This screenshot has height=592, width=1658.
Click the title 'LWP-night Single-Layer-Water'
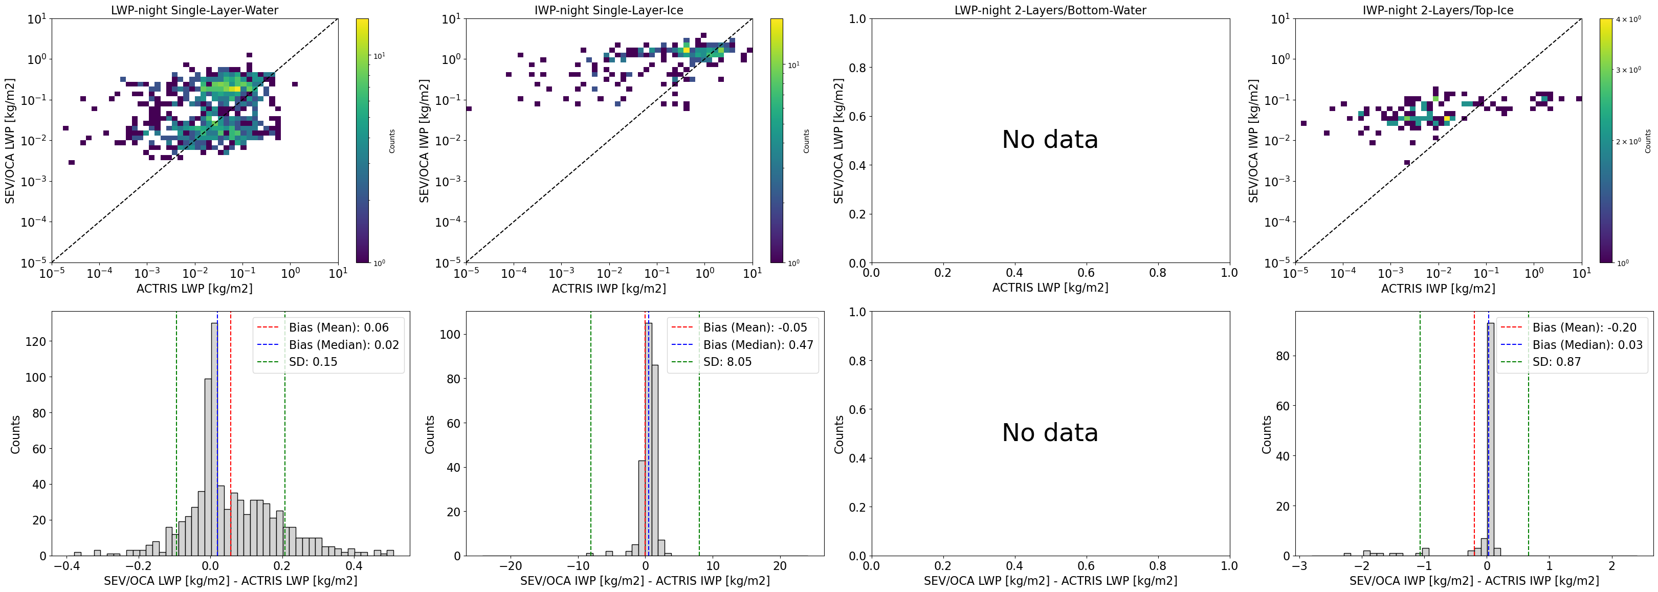(194, 10)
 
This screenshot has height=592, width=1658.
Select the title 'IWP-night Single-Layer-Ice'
(608, 10)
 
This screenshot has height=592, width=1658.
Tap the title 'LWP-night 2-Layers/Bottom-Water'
(1050, 10)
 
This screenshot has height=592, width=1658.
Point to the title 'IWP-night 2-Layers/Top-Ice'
(1438, 10)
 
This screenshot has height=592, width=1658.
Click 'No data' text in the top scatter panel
(1050, 140)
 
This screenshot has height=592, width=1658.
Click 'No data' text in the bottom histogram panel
(1050, 432)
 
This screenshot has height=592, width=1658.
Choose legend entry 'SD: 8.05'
(727, 362)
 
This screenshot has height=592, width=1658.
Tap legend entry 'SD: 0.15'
(313, 362)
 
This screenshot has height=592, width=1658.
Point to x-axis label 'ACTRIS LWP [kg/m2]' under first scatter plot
(194, 288)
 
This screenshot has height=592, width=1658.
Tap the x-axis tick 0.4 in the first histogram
(353, 567)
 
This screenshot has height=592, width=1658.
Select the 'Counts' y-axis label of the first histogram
(15, 434)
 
